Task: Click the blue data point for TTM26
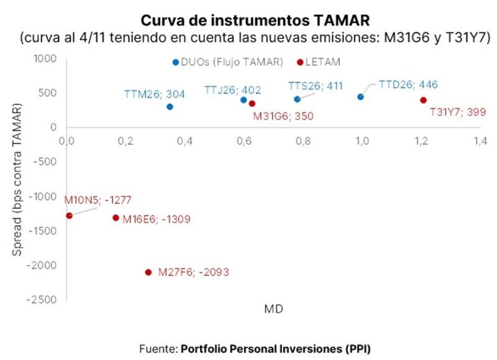[170, 107]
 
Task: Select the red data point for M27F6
[148, 272]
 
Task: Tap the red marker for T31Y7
[423, 100]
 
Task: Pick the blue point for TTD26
[360, 97]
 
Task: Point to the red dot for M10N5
[69, 215]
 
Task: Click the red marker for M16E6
[116, 218]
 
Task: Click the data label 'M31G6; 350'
[283, 115]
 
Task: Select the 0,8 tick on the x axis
[303, 141]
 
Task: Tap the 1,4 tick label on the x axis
[480, 141]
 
